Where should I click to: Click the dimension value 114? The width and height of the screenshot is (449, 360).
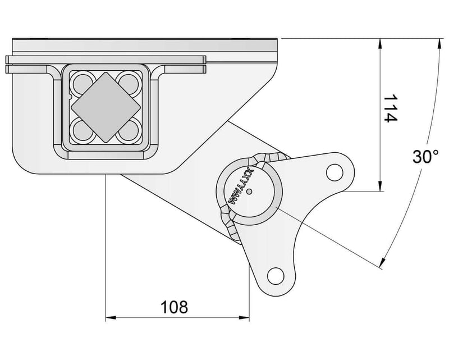point(390,108)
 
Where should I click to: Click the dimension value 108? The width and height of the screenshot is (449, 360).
point(174,307)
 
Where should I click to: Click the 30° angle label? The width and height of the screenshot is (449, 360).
point(425,157)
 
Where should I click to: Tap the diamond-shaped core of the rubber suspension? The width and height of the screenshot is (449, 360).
point(105,107)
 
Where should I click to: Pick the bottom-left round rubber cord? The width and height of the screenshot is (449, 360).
point(84,131)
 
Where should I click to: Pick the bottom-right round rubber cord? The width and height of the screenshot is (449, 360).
point(127,131)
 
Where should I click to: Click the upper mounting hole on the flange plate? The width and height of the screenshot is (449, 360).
point(334,170)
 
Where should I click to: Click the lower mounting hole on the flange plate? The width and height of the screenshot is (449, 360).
point(275,275)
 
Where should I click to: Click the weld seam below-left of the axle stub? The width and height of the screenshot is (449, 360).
point(229,221)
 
